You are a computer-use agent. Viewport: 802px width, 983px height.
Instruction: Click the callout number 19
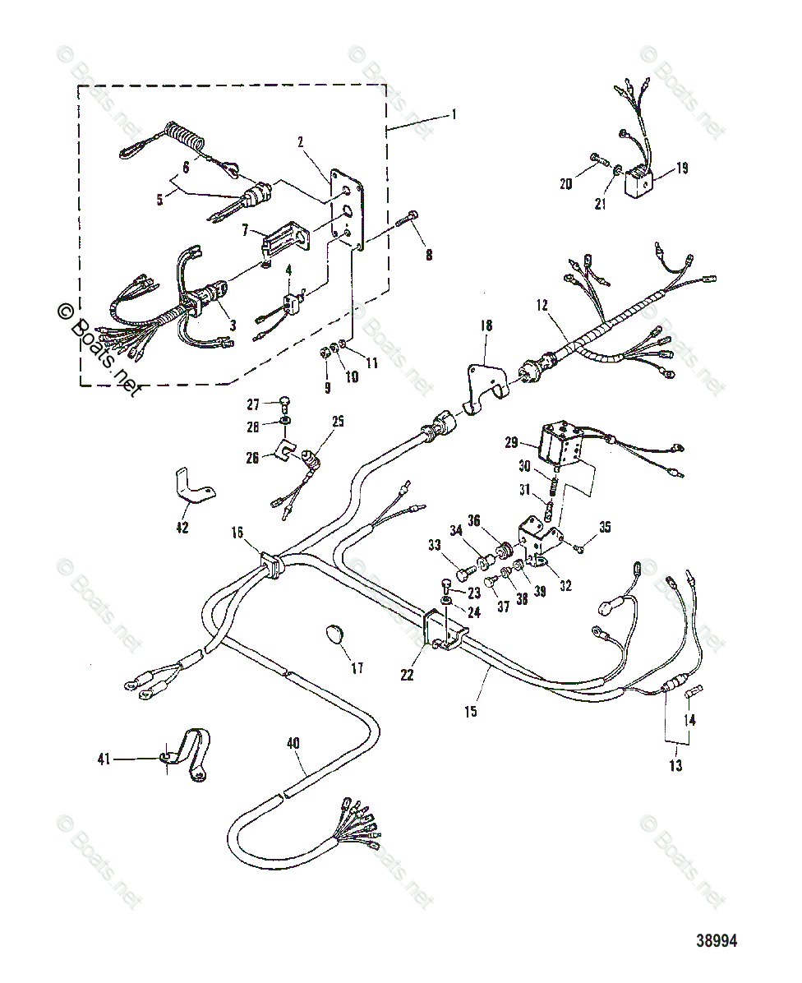pos(683,168)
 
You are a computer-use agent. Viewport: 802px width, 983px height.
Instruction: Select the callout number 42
pos(182,527)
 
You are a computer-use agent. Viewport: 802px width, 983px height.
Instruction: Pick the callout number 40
pos(293,743)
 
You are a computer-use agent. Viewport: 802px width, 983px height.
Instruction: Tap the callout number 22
pos(408,675)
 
